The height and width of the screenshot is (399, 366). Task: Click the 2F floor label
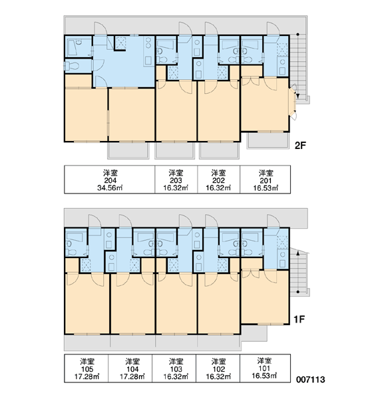tap(299, 146)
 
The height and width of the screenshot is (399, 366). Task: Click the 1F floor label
tap(299, 319)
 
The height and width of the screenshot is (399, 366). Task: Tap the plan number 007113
tap(311, 380)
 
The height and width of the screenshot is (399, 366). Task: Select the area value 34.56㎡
tap(110, 188)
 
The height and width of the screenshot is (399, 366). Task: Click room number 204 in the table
tap(110, 180)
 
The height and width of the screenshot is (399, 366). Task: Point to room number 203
tap(176, 180)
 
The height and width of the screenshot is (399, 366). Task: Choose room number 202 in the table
tap(218, 180)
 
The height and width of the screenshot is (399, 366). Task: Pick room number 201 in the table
tap(266, 180)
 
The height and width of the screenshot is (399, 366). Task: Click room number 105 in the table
tap(87, 368)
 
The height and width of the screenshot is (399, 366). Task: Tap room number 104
tap(132, 368)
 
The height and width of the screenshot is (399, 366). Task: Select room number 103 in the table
tap(176, 368)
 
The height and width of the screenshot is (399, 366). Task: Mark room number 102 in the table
tap(218, 368)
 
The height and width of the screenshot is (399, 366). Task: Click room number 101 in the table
tap(264, 368)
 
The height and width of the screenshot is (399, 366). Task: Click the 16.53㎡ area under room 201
tap(266, 188)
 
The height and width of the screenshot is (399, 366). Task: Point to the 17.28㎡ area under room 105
tap(87, 376)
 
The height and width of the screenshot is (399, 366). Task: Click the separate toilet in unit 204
tap(72, 66)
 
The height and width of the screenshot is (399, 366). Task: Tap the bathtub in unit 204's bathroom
tap(72, 48)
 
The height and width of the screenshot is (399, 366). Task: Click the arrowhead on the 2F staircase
tap(297, 96)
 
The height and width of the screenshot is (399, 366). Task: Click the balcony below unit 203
tap(175, 150)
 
